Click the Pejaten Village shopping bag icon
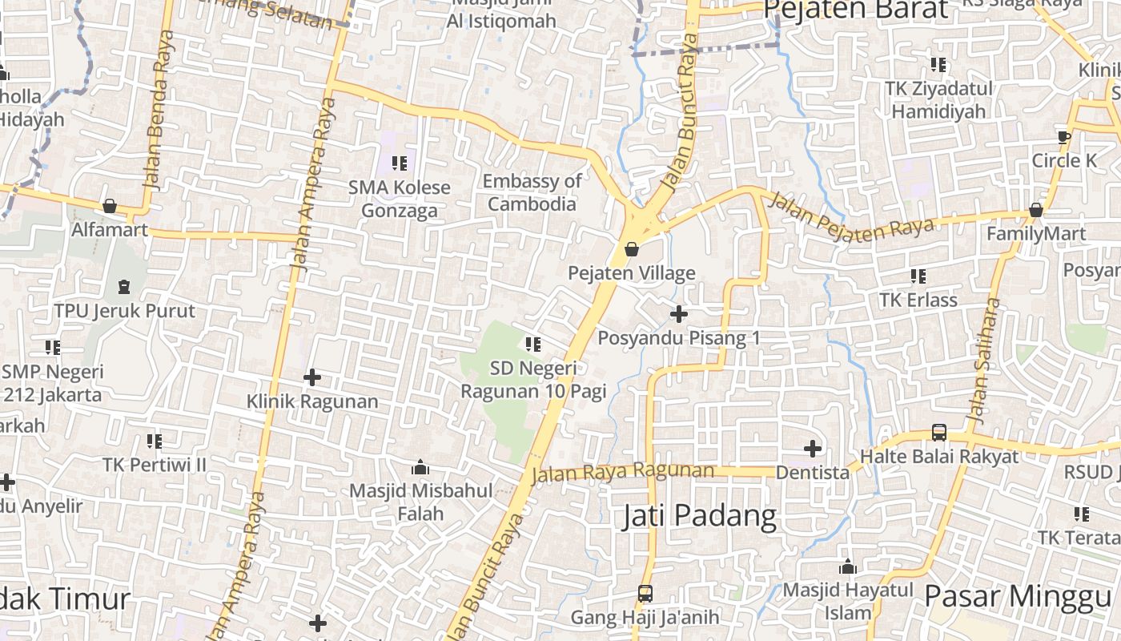632,249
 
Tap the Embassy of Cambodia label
532,192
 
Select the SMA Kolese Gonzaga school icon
399,163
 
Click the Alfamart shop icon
110,207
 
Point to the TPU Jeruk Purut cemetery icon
124,286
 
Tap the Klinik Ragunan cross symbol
312,377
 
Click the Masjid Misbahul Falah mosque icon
420,467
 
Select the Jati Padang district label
699,516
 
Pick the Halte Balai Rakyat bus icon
939,433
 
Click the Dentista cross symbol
813,449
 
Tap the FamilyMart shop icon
1035,210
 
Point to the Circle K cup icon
1064,136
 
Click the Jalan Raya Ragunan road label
622,472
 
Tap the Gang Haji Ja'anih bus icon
645,594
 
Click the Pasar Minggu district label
1018,597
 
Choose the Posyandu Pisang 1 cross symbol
678,313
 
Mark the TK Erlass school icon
918,276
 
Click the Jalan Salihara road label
984,361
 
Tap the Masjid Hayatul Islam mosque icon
848,568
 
